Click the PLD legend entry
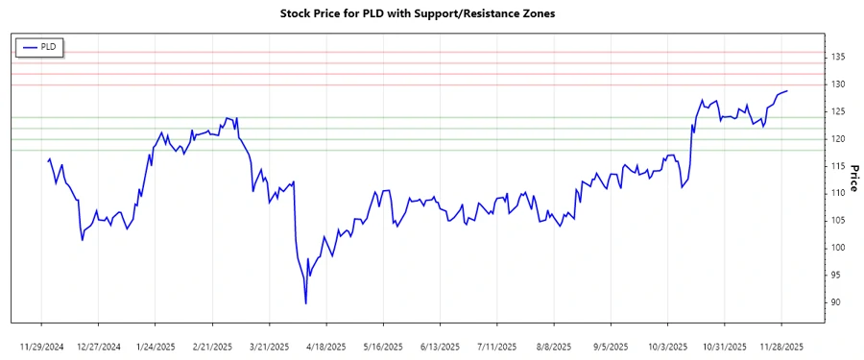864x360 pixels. click(x=39, y=46)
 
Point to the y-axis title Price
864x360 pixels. click(x=852, y=179)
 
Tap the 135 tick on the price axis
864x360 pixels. click(x=838, y=58)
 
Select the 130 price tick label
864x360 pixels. click(x=838, y=84)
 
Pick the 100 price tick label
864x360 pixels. click(x=838, y=248)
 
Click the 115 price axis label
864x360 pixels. click(x=838, y=166)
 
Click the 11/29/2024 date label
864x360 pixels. click(x=41, y=346)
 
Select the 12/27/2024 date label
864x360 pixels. click(x=98, y=346)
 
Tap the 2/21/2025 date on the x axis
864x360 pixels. click(x=212, y=346)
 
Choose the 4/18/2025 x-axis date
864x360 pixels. click(x=326, y=346)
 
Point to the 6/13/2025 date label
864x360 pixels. click(x=440, y=346)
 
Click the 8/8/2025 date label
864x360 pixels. click(x=554, y=346)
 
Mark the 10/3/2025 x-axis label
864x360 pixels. click(x=667, y=346)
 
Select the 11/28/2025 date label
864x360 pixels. click(x=781, y=346)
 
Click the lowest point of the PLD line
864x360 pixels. click(x=305, y=303)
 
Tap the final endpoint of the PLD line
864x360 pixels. click(x=787, y=91)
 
